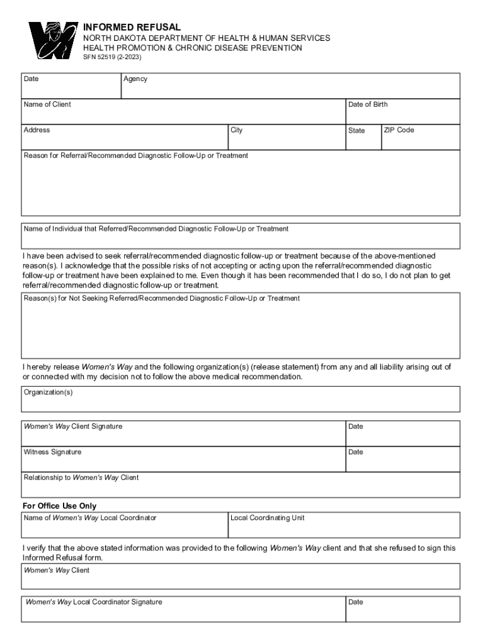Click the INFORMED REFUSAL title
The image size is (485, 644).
pos(132,27)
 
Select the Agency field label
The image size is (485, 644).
pos(135,79)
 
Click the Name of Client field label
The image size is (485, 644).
pos(47,104)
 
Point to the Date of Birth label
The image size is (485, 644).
pos(368,104)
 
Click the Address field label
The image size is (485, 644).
pos(37,130)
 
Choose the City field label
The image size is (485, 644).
pos(236,130)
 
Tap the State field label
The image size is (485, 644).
pos(356,131)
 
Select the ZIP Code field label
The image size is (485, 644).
pos(399,130)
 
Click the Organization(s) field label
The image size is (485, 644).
pos(48,392)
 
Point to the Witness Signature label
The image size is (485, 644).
pos(52,452)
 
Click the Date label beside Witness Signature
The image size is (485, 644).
pos(355,452)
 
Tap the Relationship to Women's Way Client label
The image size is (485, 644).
pos(81,477)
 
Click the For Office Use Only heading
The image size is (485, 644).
pos(59,506)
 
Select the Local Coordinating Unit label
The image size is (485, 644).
pos(268,518)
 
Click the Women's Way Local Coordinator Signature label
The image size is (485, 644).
pos(94,602)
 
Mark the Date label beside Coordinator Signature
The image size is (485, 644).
pos(355,602)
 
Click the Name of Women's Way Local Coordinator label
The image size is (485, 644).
pos(90,518)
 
